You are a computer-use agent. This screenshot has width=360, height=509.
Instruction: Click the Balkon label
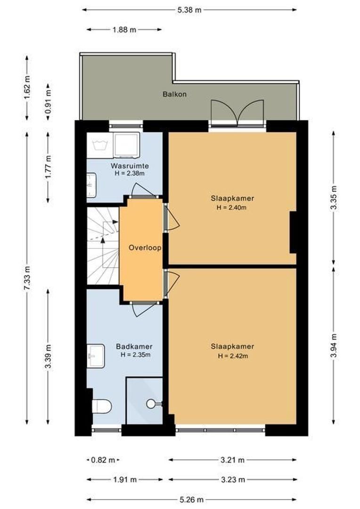click(175, 94)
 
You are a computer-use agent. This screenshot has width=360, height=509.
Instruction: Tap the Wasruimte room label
click(130, 166)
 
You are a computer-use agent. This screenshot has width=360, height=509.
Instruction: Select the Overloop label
click(142, 247)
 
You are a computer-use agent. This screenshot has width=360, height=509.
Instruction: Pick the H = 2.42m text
click(233, 356)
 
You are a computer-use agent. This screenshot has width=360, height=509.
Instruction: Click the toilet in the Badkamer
click(102, 405)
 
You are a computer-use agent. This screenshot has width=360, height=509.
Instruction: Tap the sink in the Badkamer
click(96, 353)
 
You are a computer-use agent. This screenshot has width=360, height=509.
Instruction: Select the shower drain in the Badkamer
click(151, 404)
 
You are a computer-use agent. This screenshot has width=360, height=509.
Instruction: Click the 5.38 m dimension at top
click(189, 9)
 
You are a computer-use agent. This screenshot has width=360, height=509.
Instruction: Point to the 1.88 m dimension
click(124, 30)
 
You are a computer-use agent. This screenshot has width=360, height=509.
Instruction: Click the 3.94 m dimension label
click(334, 345)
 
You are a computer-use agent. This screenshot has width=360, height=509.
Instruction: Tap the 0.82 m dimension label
click(103, 460)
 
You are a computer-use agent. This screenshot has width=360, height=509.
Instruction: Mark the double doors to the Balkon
click(238, 113)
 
